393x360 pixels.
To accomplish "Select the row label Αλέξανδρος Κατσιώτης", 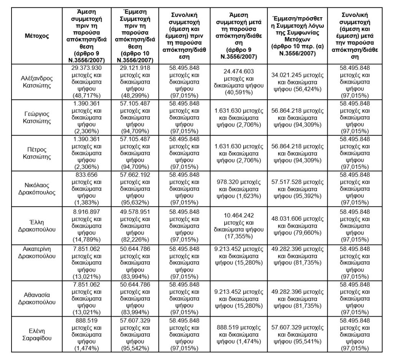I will point(36,82).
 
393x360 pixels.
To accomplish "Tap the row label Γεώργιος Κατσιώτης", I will point(36,117).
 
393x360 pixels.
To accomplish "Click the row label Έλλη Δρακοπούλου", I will point(36,225).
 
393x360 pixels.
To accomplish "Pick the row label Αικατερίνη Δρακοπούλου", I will point(36,251).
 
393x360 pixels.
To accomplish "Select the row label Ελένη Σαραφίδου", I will point(36,334).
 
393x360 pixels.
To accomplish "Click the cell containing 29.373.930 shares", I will point(86,82).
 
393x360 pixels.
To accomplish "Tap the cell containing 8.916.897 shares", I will point(86,225).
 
